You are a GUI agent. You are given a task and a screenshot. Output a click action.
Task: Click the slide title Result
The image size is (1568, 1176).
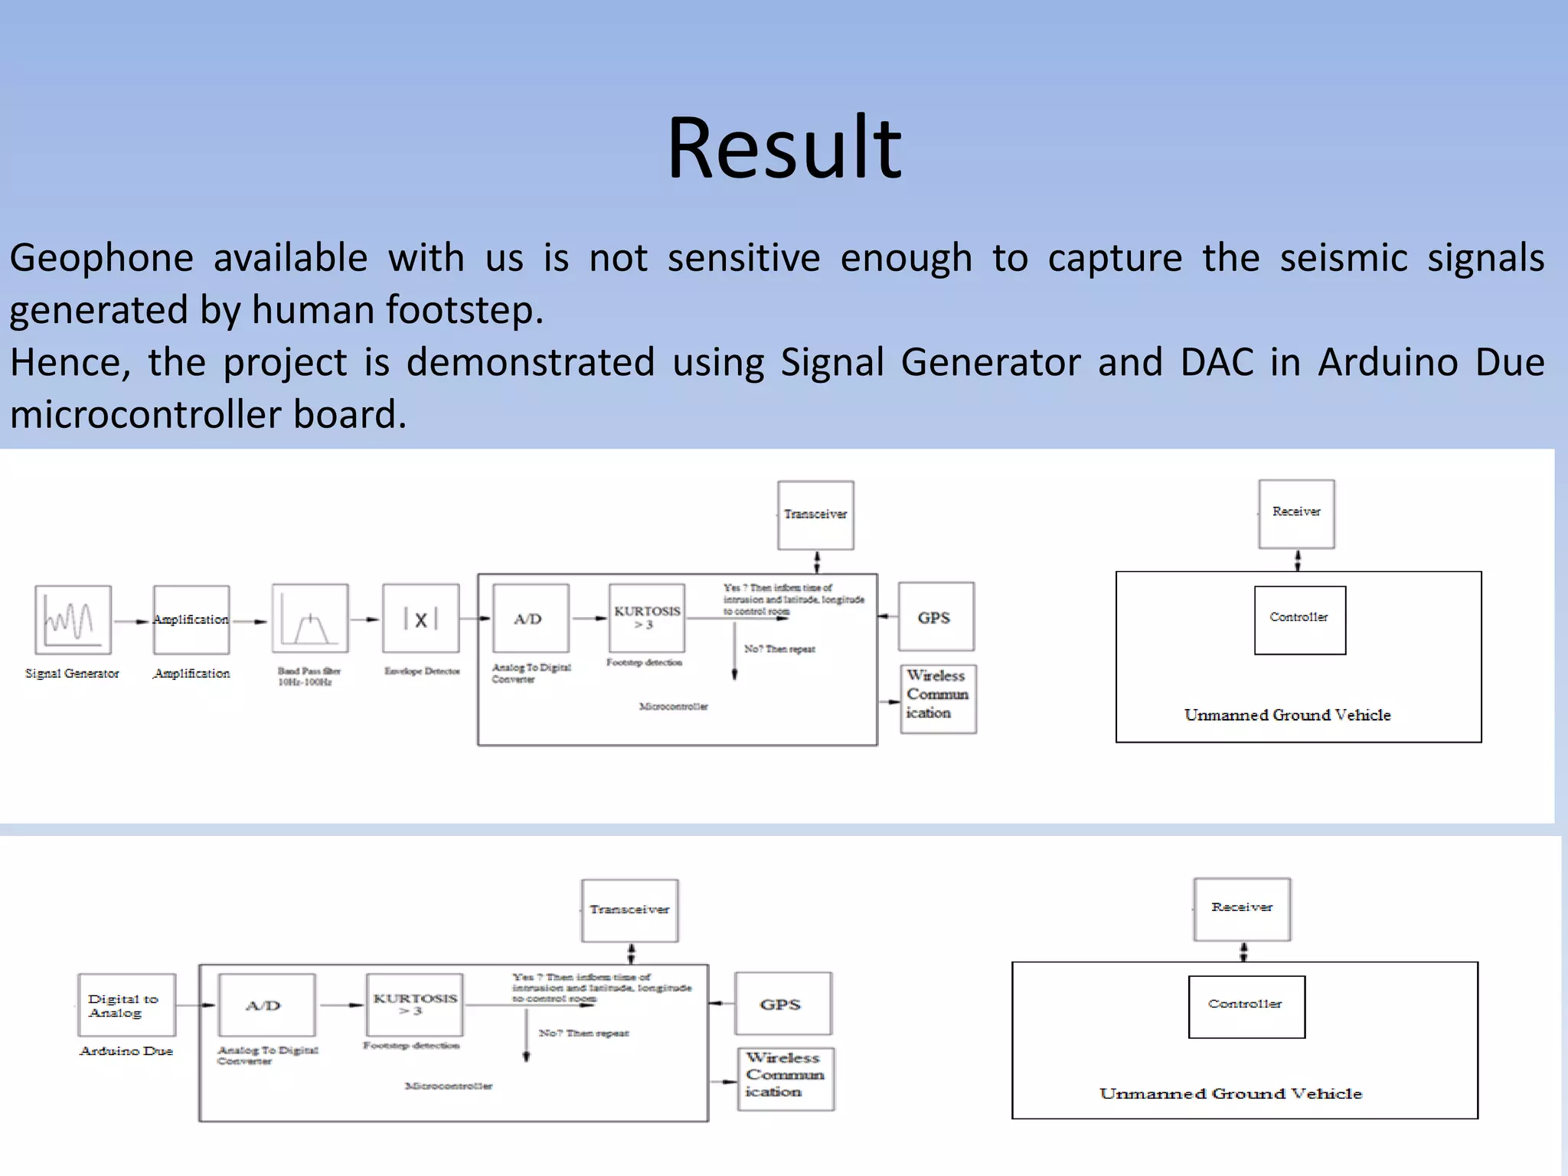point(784,147)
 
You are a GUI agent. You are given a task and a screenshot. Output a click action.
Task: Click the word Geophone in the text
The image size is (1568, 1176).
point(101,258)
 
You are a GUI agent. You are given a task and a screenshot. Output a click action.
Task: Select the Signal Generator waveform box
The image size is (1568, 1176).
point(73,619)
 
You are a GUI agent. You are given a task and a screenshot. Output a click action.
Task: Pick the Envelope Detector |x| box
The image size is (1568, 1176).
point(421,619)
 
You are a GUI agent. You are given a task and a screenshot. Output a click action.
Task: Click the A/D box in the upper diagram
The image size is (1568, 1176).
point(531,619)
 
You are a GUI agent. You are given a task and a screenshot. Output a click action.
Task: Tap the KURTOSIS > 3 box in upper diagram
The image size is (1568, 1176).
point(647,618)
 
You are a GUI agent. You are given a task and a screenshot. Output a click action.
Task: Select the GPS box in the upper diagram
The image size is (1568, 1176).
point(936,617)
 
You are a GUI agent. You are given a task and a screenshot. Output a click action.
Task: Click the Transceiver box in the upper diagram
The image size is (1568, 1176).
point(815,514)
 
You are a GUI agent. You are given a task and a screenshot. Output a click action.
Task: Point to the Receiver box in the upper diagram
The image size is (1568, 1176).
point(1296,513)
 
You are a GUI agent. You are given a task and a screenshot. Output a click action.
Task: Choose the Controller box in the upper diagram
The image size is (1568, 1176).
point(1299,619)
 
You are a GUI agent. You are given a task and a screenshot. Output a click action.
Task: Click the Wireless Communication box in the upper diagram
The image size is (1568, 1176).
point(938,698)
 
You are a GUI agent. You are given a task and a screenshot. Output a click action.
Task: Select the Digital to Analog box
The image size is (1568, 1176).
point(126,1005)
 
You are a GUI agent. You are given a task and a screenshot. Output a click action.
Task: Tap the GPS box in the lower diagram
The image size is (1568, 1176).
point(782,1004)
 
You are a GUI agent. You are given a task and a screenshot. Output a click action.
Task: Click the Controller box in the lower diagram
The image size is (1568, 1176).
point(1246,1006)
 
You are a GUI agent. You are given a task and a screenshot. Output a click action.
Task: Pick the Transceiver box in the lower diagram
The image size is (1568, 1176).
point(629,910)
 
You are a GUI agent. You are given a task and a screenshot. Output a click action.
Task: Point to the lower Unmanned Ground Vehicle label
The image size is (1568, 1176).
point(1230,1093)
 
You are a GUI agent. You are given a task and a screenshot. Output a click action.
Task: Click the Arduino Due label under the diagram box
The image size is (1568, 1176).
point(126,1051)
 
